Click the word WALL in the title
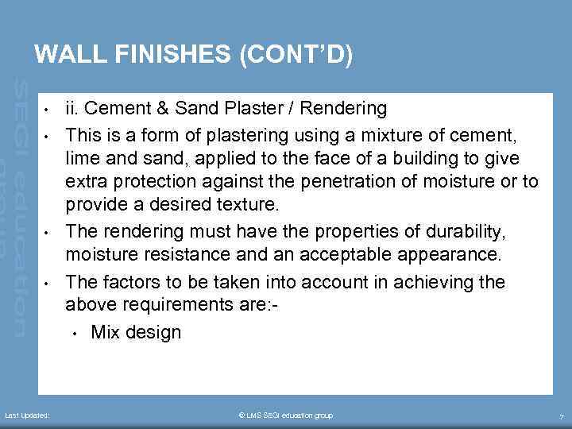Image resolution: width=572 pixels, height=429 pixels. (x=67, y=55)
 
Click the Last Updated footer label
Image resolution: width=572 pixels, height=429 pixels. (x=27, y=415)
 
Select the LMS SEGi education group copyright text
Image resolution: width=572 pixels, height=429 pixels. (x=285, y=415)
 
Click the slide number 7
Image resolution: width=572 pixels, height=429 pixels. (x=561, y=416)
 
